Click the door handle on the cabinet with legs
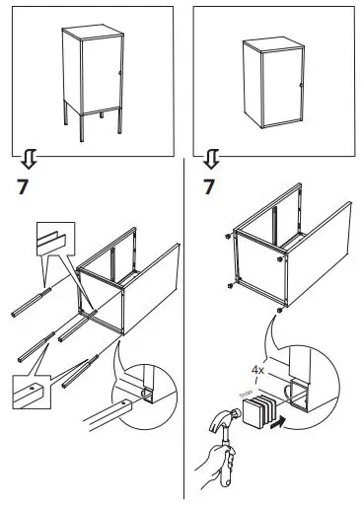(119, 73)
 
